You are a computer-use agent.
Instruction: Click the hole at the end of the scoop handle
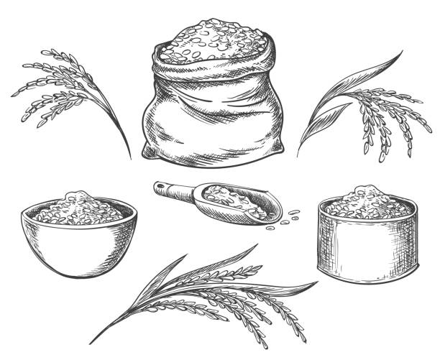pos(160,188)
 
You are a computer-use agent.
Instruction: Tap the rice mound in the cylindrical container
pos(367,202)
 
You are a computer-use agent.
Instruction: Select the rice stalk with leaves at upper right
pos(367,108)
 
